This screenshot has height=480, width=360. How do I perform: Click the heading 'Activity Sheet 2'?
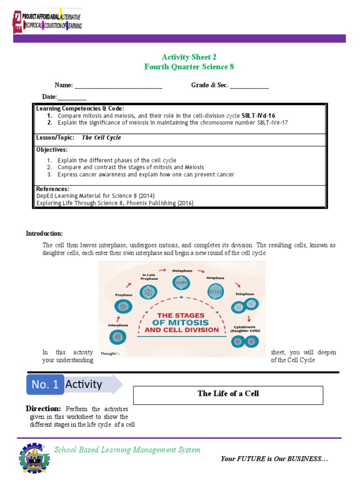(x=189, y=57)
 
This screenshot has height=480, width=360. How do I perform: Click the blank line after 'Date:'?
(x=72, y=97)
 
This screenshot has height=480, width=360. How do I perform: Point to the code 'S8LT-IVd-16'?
(x=258, y=115)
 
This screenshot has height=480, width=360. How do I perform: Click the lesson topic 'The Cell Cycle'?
(x=101, y=138)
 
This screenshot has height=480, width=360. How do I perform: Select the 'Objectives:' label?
(x=52, y=150)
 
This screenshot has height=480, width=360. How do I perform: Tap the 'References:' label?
(x=52, y=189)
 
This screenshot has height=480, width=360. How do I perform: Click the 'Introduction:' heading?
(x=44, y=233)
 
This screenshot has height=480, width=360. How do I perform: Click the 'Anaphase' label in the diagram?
(x=215, y=278)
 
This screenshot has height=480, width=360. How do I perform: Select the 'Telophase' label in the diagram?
(x=244, y=294)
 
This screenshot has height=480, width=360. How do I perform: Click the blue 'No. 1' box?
(x=45, y=384)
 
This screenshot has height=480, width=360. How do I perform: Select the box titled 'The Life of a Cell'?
(x=228, y=395)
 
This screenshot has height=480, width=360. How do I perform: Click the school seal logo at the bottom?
(x=34, y=457)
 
